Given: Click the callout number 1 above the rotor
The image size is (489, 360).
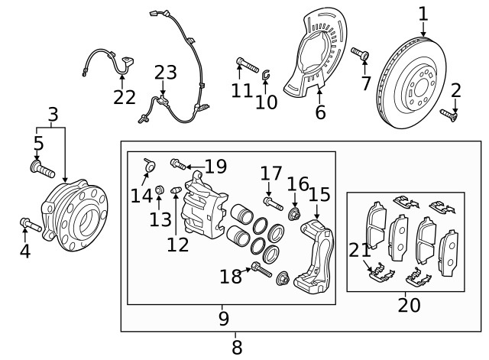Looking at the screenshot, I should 423,13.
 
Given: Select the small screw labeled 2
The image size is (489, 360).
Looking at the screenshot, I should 448,115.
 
